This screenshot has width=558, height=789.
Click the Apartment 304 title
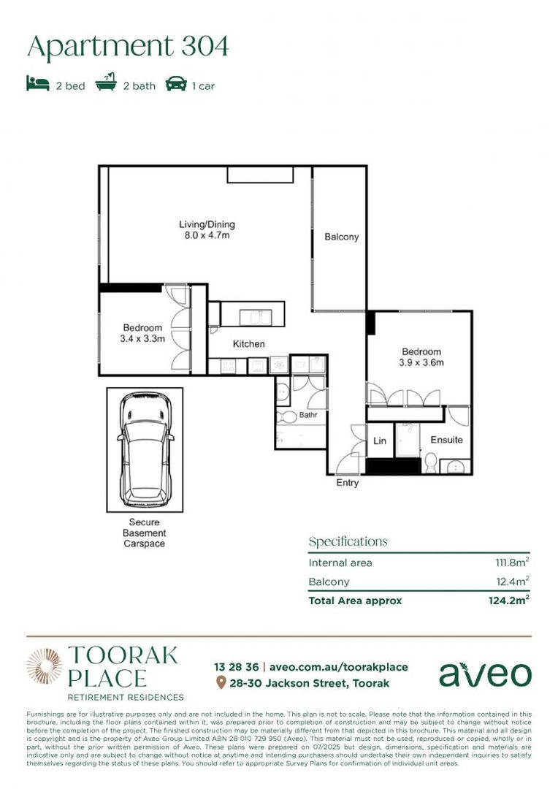coord(128,46)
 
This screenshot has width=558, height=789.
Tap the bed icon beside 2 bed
coord(38,85)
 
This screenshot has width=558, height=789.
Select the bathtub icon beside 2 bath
coord(107,84)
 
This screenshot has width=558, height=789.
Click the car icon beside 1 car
coord(176,85)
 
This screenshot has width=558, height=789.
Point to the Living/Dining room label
coord(207,224)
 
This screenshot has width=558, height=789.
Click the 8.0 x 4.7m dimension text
coord(207,236)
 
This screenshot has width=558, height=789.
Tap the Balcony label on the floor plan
coord(341,237)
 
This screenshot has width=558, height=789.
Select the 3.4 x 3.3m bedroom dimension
coord(143,338)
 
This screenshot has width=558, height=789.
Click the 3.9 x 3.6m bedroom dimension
coord(421,362)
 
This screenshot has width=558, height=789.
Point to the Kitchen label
coord(248,344)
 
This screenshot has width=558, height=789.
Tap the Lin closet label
coord(380,441)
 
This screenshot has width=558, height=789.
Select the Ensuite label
coord(446,441)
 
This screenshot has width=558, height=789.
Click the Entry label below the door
coord(347,483)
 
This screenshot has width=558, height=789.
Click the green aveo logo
coord(485,674)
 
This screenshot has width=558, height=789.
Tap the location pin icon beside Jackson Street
coord(221,683)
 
